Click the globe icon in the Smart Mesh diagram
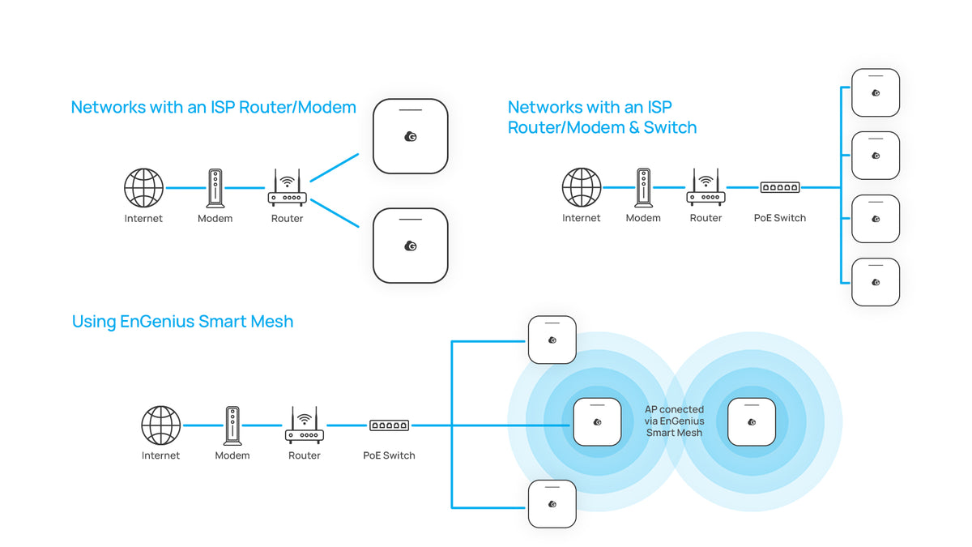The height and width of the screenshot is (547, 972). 161,425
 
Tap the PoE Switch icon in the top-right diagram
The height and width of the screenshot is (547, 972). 780,188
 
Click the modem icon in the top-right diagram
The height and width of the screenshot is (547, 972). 643,188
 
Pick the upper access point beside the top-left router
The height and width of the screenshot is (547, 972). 410,136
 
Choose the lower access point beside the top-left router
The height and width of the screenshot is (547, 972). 410,246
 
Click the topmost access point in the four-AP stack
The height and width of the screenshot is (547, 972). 876,92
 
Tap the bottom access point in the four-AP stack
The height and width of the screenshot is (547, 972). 876,281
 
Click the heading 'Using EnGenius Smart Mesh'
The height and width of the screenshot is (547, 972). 182,322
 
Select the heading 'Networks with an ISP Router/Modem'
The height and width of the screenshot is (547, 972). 214,107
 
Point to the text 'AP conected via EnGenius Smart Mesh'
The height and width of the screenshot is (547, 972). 675,421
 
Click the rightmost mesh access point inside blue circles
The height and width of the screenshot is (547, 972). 751,421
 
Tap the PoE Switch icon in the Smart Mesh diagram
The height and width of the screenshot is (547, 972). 390,425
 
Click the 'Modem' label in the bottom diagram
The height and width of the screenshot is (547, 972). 232,455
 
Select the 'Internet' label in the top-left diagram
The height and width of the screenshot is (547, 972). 143,219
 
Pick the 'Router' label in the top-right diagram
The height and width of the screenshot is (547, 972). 706,218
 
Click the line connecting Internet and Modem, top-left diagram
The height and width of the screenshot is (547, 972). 185,188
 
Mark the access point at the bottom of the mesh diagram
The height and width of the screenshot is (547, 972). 552,503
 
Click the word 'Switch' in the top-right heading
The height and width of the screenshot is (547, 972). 670,127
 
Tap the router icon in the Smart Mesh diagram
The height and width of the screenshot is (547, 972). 305,426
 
